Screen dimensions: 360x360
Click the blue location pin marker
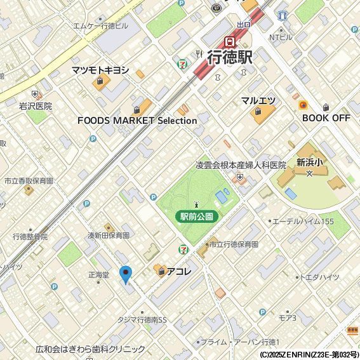point(126,274)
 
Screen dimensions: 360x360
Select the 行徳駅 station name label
point(230,57)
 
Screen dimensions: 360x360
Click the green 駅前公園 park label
point(197,217)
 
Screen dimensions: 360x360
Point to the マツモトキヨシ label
point(100,70)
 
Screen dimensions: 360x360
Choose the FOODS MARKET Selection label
point(137,120)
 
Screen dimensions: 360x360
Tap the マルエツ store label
point(258,100)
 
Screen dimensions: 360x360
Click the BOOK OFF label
point(326,117)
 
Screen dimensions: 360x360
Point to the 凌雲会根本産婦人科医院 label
point(241,165)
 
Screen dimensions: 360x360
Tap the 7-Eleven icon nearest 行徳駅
point(183,63)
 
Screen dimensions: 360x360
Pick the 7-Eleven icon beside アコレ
point(183,248)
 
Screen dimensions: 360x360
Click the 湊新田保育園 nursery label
point(109,235)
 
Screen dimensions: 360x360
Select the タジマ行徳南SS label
point(142,320)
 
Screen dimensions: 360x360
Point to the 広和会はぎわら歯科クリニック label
point(90,349)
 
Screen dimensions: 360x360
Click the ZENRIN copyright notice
point(309,354)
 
